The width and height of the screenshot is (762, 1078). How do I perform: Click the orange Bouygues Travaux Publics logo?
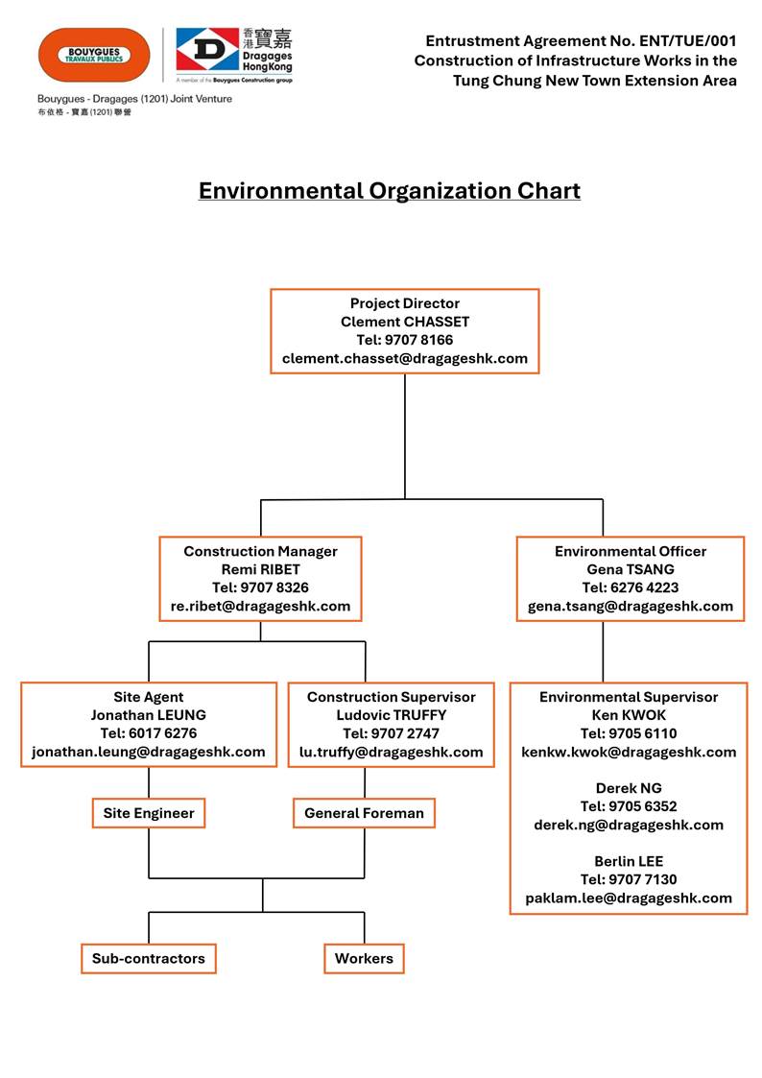[94, 55]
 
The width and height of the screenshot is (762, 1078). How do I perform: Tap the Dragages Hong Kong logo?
[234, 54]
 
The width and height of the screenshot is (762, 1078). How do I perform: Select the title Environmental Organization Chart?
[389, 190]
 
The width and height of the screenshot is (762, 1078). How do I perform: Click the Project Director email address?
[404, 358]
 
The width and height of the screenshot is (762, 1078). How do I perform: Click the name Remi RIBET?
[260, 569]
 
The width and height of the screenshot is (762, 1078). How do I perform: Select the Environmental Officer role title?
[630, 551]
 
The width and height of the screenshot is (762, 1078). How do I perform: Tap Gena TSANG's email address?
[630, 606]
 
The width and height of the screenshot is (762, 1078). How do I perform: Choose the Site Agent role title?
[148, 697]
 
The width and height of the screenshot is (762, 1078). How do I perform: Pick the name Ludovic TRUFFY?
[391, 715]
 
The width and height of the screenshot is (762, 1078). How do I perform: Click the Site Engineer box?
[149, 813]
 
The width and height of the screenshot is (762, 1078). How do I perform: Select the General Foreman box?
[364, 813]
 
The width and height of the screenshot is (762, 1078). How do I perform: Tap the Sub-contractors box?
[149, 958]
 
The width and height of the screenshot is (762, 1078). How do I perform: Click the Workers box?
[364, 958]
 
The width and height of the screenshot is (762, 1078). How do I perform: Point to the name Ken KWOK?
[629, 715]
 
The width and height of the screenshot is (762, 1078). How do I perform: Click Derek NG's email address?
[629, 825]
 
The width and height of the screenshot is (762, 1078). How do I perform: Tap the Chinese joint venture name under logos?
[84, 112]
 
